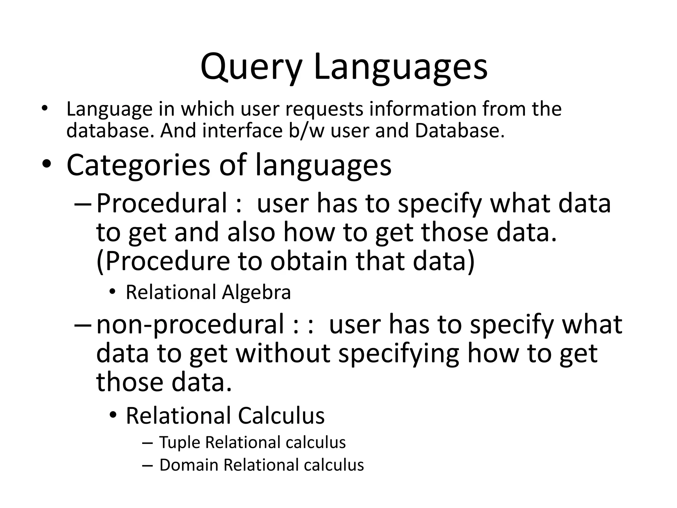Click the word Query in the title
pos(251,67)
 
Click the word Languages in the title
pos(400,67)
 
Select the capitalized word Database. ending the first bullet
pos(460,131)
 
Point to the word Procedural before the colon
pos(162,203)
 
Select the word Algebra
pos(257,292)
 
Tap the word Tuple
pos(179,443)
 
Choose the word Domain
pos(189,465)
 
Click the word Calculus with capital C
pos(281,416)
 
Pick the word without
pos(283,353)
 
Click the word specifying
pos(399,353)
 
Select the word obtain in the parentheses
pos(309,261)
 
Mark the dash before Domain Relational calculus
pos(147,465)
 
